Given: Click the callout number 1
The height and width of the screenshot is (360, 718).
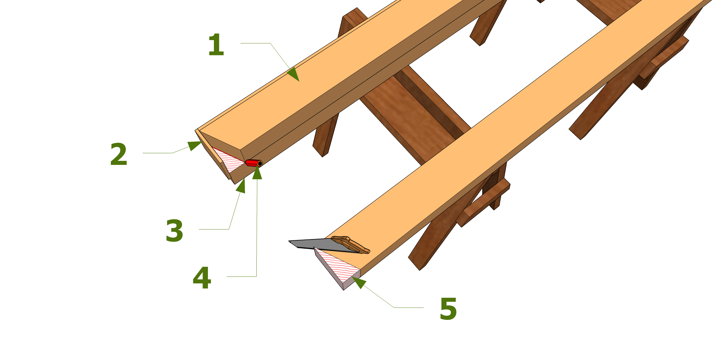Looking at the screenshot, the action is point(216,45).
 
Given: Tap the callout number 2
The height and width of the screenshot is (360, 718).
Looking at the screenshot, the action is point(119,154).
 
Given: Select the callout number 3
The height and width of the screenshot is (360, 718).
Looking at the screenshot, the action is point(174,231).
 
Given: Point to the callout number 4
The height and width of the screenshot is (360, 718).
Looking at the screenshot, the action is point(202,278).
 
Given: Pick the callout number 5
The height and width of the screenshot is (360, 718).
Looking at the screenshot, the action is point(448,309).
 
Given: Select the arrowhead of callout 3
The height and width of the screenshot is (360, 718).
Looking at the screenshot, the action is point(241,186).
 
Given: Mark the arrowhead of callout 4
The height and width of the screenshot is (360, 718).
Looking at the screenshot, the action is point(257,173).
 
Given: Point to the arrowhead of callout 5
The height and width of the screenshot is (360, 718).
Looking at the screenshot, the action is point(359,282).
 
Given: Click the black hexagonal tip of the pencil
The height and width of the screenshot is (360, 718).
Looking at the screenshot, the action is point(260,163).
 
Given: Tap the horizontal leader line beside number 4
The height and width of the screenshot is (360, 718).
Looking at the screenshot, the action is point(241,277).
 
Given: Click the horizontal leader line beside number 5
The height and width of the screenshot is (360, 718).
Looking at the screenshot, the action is point(409,307).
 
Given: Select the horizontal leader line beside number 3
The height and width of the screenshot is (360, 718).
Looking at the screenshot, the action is point(214,229).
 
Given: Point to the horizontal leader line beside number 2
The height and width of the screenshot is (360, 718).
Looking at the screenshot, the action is point(157,153).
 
